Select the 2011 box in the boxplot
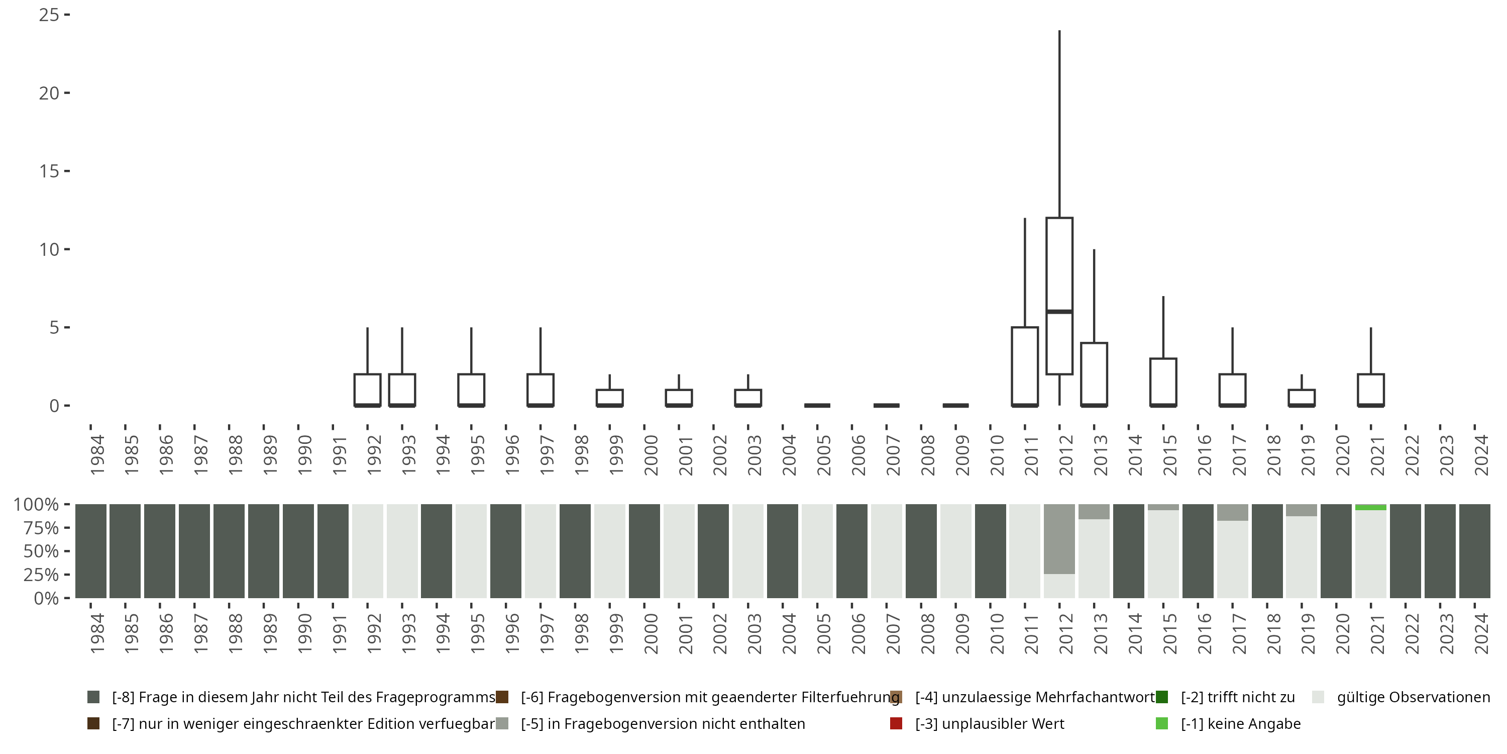1024,366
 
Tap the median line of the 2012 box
1059,312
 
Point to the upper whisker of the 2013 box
1094,296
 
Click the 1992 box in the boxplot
367,389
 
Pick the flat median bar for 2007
886,405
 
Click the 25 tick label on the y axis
49,15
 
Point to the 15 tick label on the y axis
49,171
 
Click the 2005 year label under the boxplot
824,455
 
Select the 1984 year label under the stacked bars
97,633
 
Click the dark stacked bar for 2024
1474,551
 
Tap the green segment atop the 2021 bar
1371,508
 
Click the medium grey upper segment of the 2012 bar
1059,538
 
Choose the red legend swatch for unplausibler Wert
896,723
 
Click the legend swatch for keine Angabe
1161,723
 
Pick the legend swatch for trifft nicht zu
1161,697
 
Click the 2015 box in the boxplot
1163,382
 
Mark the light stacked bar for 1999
610,551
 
